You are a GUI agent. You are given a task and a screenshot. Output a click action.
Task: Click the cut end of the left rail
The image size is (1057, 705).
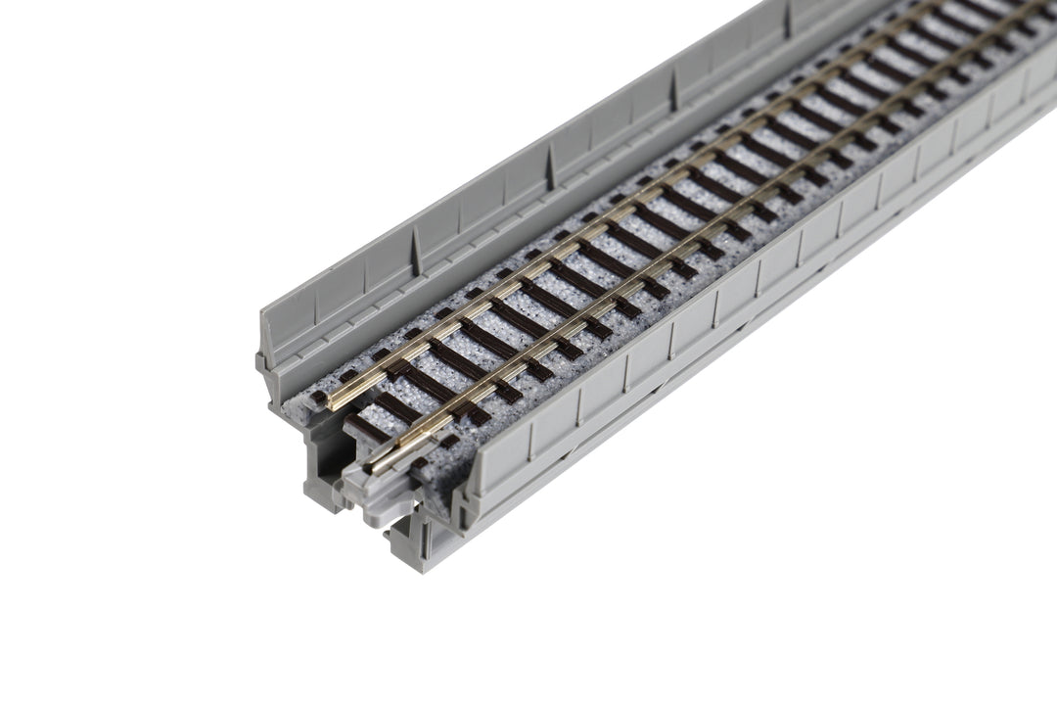(331, 403)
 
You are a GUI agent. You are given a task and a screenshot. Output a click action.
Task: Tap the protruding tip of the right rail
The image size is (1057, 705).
(377, 466)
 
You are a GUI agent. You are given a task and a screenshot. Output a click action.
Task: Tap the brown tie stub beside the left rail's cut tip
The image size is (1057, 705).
(318, 398)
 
